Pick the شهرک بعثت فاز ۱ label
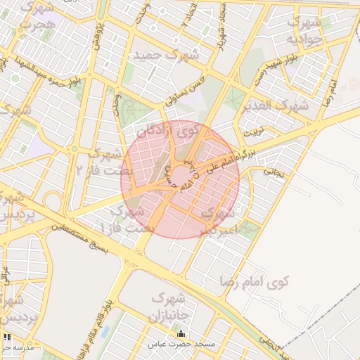(x=123, y=220)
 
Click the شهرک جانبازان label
(x=170, y=307)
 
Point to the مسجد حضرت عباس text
(x=183, y=345)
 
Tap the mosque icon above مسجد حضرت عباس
(x=183, y=334)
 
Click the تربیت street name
(x=252, y=131)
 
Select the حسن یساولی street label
(x=185, y=91)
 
